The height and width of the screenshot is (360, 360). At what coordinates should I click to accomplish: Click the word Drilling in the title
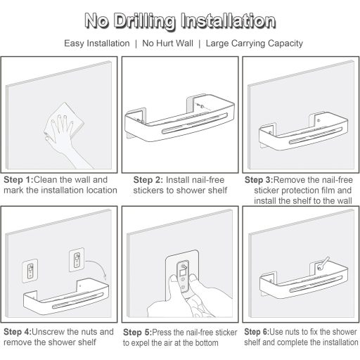(145, 22)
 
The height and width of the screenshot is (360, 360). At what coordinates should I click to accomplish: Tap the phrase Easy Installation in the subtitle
(97, 44)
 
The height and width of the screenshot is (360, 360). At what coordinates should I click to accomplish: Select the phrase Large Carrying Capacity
(255, 44)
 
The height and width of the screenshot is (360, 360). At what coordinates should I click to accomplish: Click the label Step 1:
(18, 180)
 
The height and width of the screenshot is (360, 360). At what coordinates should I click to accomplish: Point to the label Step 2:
(148, 180)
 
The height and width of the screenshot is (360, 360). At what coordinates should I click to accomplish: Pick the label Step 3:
(259, 180)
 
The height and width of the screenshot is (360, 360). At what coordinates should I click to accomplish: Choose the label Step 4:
(18, 332)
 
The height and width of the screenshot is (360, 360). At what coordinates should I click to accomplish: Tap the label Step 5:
(138, 333)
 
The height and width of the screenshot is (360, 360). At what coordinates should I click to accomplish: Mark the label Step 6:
(257, 332)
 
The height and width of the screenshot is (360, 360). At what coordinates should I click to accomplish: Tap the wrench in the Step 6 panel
(323, 262)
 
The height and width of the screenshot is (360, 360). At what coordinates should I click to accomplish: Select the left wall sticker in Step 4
(30, 271)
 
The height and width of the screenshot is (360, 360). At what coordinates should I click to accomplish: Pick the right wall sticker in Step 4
(77, 259)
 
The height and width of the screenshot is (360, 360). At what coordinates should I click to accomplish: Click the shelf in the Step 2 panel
(180, 117)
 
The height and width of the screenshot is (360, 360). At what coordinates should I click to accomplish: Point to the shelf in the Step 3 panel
(303, 131)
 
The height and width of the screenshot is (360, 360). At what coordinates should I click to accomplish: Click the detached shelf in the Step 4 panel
(66, 297)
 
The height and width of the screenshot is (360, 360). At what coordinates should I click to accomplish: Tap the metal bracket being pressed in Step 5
(182, 276)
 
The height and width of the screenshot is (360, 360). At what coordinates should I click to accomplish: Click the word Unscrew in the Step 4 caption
(48, 332)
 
